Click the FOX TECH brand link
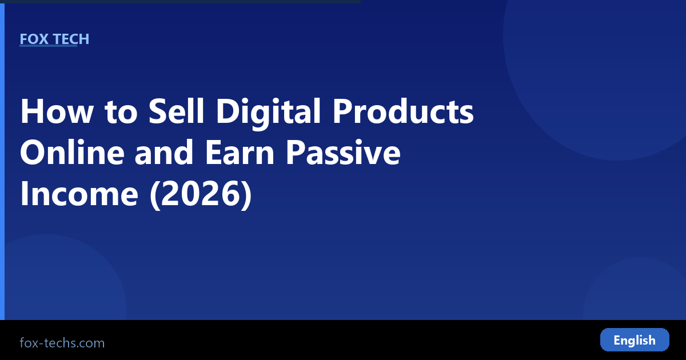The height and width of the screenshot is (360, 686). point(54,39)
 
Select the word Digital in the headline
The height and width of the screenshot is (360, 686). point(268,113)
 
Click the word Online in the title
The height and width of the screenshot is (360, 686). point(72,152)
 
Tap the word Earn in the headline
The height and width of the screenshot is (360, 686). point(240,152)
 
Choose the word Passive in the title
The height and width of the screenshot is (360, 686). point(344,152)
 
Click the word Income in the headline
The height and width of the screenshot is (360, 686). point(79,194)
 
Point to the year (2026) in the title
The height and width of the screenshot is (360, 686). point(201,195)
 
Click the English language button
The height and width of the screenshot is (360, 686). point(635,340)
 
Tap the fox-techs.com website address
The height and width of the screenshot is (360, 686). point(62,343)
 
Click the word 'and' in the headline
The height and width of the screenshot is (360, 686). point(164,152)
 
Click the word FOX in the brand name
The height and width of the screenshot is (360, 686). point(34,39)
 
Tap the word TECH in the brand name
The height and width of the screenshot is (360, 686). point(71,39)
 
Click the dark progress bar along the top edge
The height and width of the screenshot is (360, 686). point(181,2)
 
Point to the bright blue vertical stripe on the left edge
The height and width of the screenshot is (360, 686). point(2,162)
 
